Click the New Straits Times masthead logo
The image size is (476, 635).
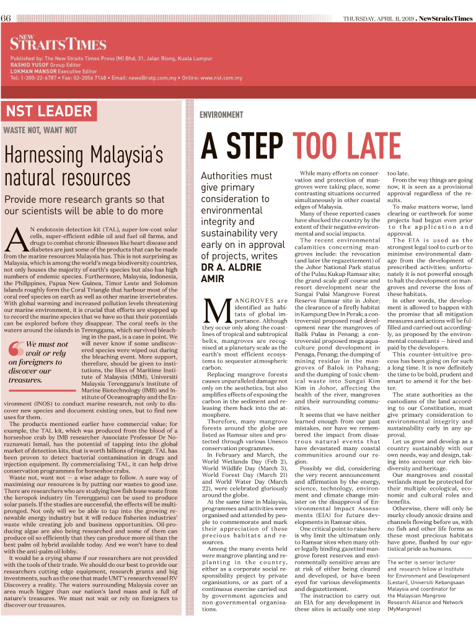pyautogui.click(x=58, y=42)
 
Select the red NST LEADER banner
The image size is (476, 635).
pyautogui.click(x=48, y=112)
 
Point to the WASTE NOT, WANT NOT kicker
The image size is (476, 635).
pyautogui.click(x=40, y=130)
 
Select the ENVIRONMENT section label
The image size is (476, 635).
pyautogui.click(x=221, y=115)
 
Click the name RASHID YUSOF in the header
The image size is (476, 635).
pyautogui.click(x=29, y=65)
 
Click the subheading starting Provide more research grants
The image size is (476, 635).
pyautogui.click(x=84, y=206)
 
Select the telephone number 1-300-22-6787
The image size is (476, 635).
pyautogui.click(x=38, y=78)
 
